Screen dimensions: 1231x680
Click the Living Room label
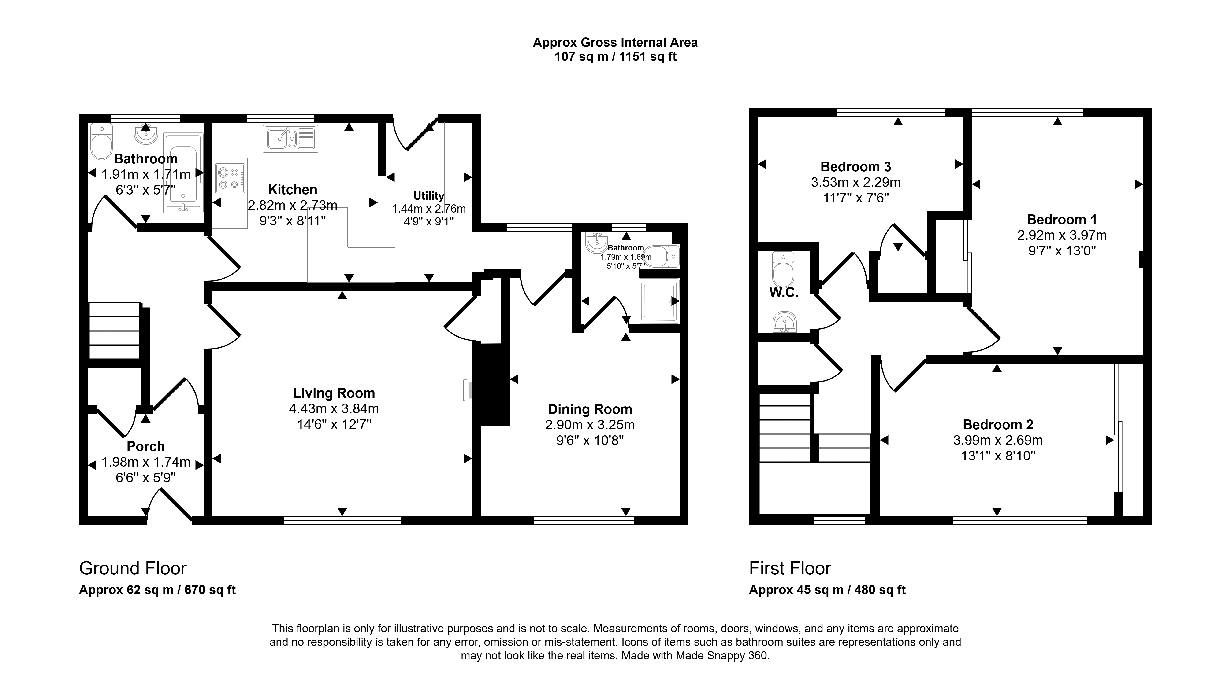(x=334, y=393)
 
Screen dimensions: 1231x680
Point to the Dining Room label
(x=590, y=409)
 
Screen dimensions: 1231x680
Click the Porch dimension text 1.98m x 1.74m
(x=146, y=462)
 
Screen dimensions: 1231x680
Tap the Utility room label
(x=429, y=196)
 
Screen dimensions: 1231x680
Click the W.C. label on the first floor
(x=784, y=293)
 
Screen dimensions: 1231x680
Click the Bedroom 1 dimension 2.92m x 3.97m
(x=1062, y=235)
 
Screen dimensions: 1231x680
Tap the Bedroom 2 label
(x=998, y=425)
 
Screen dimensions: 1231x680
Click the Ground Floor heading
(x=133, y=568)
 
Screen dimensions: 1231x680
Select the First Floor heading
(x=790, y=568)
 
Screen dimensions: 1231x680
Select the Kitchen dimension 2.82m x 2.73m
(x=292, y=205)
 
